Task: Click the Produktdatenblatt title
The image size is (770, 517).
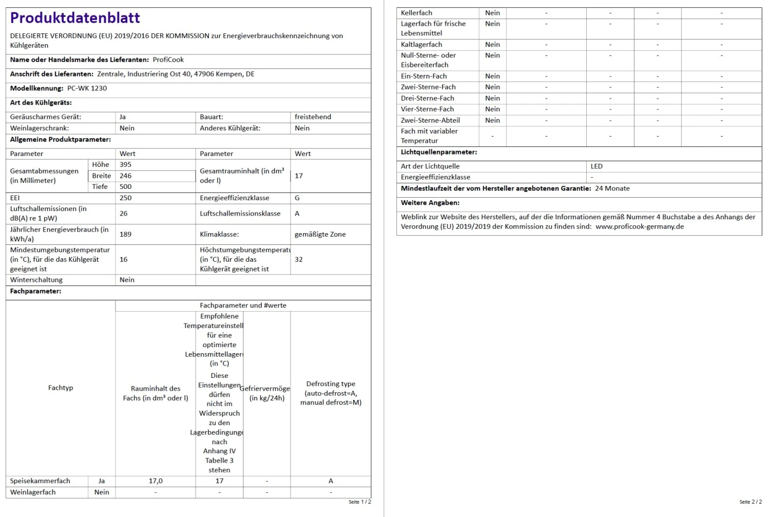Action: click(75, 18)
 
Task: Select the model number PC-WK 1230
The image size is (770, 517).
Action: click(87, 88)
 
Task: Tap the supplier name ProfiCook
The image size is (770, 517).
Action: click(168, 60)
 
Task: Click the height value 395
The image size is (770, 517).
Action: click(125, 165)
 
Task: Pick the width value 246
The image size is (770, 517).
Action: click(125, 176)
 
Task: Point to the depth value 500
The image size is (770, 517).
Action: click(125, 187)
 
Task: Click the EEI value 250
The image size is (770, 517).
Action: click(125, 198)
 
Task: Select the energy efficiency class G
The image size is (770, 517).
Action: click(297, 198)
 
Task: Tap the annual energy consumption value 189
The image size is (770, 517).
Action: click(125, 234)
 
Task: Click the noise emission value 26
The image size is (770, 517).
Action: click(124, 214)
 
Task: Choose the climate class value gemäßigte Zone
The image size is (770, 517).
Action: click(320, 234)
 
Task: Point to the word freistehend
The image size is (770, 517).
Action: click(313, 117)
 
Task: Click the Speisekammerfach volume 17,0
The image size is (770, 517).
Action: click(156, 481)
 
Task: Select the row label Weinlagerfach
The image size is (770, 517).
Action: click(33, 492)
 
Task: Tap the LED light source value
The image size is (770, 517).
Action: click(596, 166)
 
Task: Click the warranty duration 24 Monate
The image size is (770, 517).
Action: click(612, 188)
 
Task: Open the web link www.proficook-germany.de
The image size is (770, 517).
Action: click(640, 226)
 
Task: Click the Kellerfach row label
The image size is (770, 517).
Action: click(416, 13)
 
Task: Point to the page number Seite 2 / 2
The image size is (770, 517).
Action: click(750, 502)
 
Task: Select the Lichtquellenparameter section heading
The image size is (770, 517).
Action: click(439, 152)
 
